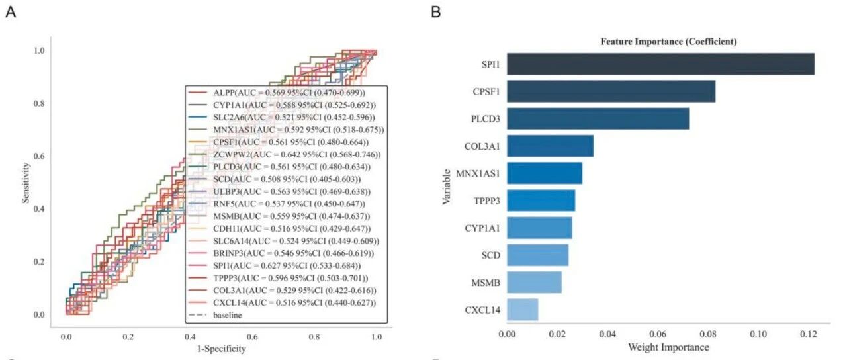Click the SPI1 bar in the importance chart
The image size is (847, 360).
(660, 64)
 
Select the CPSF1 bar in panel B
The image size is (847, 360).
(611, 91)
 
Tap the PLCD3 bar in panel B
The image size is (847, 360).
(598, 118)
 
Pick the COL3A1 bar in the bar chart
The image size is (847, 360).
(550, 146)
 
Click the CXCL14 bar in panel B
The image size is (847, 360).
(523, 310)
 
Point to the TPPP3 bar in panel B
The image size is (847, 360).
(541, 201)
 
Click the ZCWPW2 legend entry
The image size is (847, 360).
(287, 155)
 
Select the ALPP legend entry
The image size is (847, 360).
(277, 93)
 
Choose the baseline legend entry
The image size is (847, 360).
(215, 315)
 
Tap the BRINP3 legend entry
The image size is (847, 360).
(281, 253)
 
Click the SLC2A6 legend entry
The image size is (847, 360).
(281, 117)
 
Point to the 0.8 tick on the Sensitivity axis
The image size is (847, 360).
(39, 103)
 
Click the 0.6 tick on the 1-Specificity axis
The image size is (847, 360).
(252, 337)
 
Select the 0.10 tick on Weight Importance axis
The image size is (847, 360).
(758, 334)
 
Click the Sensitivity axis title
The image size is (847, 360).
(26, 183)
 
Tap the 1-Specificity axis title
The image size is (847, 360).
(221, 349)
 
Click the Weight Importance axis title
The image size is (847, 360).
(668, 347)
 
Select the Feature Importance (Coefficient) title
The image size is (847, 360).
(668, 42)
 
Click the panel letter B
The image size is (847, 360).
(436, 12)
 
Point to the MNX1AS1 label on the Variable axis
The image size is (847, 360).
(478, 173)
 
